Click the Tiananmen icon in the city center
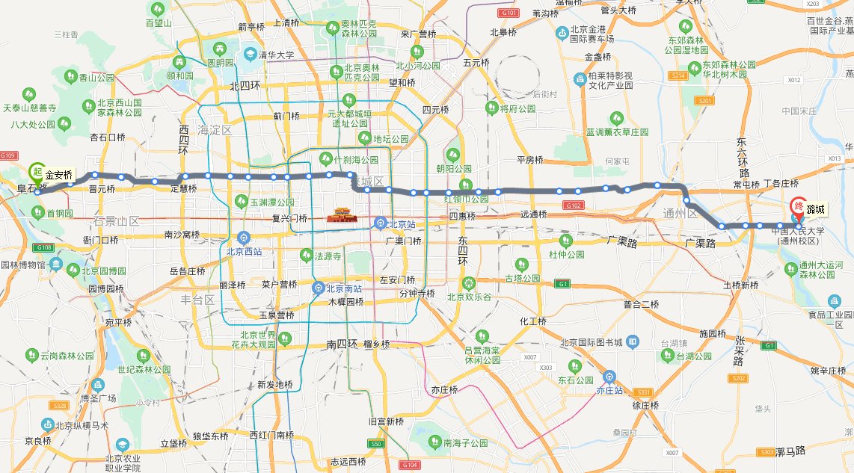339,217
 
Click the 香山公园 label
96,77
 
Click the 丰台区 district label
200,300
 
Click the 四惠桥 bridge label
463,216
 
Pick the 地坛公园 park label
390,138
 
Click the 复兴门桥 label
290,219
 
